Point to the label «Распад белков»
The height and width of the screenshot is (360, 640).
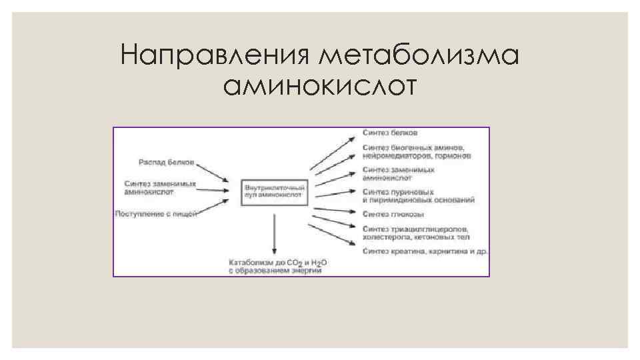coord(167,162)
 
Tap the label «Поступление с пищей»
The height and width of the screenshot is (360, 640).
coord(156,214)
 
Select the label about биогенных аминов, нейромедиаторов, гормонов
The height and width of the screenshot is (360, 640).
coord(417,151)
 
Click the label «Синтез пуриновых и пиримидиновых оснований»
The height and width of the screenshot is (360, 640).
coord(418,195)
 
